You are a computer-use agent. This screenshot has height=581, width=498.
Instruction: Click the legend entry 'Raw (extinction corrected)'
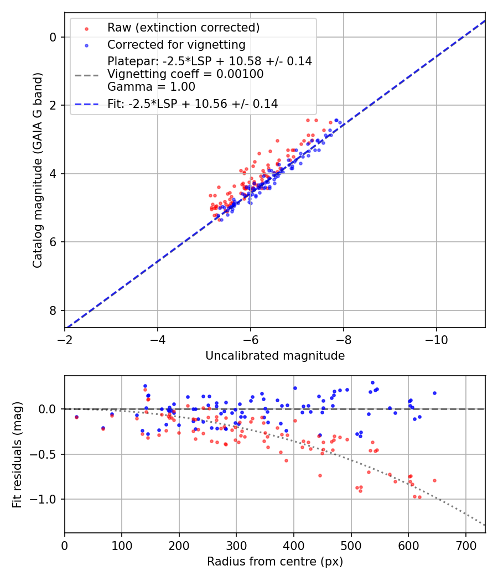point(183,28)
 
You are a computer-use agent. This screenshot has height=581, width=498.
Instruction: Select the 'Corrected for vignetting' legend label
point(176,44)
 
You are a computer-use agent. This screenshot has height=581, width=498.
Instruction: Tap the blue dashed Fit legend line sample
point(86,103)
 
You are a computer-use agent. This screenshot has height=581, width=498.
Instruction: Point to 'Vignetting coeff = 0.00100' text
point(185,74)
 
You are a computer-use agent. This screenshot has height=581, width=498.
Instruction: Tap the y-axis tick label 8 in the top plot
point(54,310)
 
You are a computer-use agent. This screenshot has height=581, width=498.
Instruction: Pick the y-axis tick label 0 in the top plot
point(54,37)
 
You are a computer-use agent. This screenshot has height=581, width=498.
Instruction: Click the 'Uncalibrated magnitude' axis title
point(275,356)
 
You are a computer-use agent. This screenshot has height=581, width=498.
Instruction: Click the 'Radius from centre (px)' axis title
point(275,562)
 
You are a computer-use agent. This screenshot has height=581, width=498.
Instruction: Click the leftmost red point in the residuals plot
point(76,417)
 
